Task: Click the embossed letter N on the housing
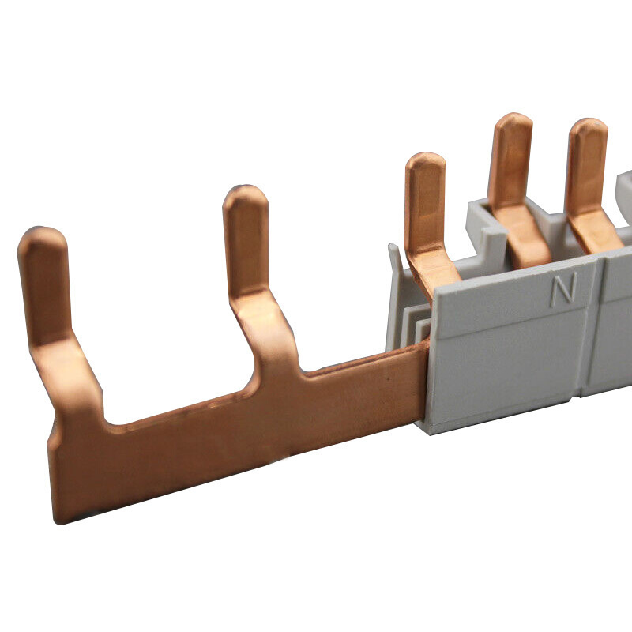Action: coord(564,288)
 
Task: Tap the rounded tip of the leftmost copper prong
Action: coord(42,231)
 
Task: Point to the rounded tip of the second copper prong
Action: coord(245,190)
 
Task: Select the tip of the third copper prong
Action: coord(425,156)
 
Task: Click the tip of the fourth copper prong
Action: coord(513,117)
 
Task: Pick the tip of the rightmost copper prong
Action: coord(589,122)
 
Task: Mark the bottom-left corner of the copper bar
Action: coord(56,523)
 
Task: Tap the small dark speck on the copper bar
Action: coord(388,379)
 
